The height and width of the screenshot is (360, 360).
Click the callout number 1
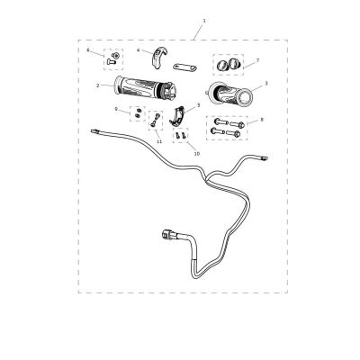(204, 21)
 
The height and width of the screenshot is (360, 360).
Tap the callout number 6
(88, 49)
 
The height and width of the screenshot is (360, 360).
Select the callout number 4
(139, 49)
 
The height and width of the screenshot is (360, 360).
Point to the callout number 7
(257, 60)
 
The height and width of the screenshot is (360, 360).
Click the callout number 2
(98, 85)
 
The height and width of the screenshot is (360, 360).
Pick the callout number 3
(266, 83)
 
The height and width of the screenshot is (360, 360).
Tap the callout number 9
(116, 109)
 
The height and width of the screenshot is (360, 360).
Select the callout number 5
(198, 105)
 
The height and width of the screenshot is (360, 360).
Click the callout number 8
(262, 120)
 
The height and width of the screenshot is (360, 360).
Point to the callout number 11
(159, 141)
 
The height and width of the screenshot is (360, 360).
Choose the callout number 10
(197, 153)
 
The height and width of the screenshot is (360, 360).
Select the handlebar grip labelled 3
(229, 93)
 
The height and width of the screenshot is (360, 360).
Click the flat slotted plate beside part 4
(184, 67)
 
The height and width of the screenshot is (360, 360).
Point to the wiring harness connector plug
(167, 234)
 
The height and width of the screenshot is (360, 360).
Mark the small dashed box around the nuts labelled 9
(138, 113)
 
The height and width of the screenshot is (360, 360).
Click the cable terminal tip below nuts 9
(94, 130)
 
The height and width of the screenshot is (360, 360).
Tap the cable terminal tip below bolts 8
(264, 157)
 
